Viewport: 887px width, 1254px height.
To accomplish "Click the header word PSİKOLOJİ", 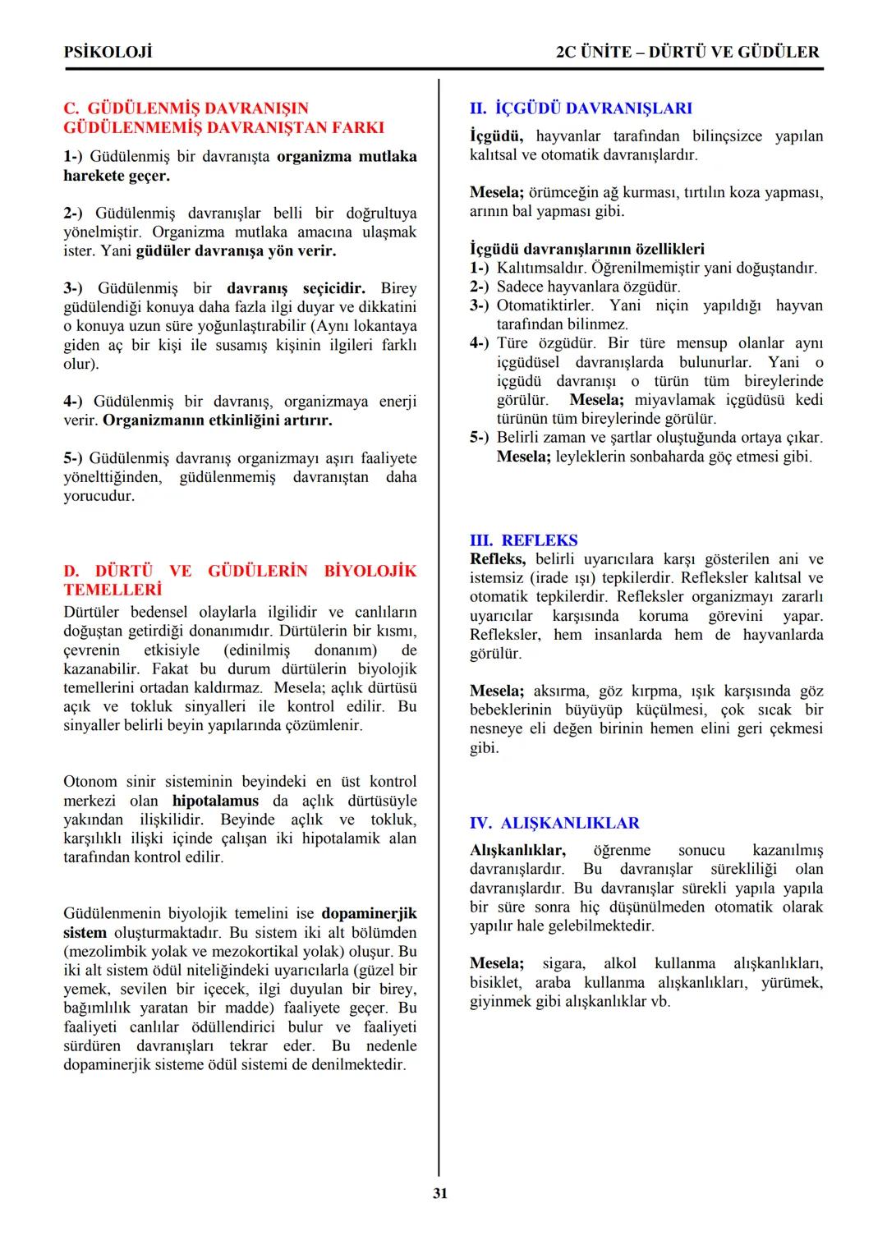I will point(108,52).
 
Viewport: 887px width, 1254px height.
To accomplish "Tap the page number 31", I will point(440,1193).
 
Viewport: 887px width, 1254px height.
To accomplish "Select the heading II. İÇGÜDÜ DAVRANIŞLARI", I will point(581,108).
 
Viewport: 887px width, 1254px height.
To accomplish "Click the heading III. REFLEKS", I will point(523,540).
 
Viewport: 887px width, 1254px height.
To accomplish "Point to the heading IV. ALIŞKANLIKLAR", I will point(554,823).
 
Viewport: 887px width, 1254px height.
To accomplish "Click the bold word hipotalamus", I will point(215,801).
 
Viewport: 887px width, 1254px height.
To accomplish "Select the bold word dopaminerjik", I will point(369,913).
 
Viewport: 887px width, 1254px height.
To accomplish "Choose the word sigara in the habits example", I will point(563,963).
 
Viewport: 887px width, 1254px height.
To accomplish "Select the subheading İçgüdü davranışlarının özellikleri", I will point(586,249).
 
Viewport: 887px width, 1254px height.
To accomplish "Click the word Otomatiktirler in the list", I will point(545,305).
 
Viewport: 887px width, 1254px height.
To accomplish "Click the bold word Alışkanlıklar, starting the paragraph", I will point(517,850).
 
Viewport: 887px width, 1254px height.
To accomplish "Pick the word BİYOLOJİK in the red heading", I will point(370,571).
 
